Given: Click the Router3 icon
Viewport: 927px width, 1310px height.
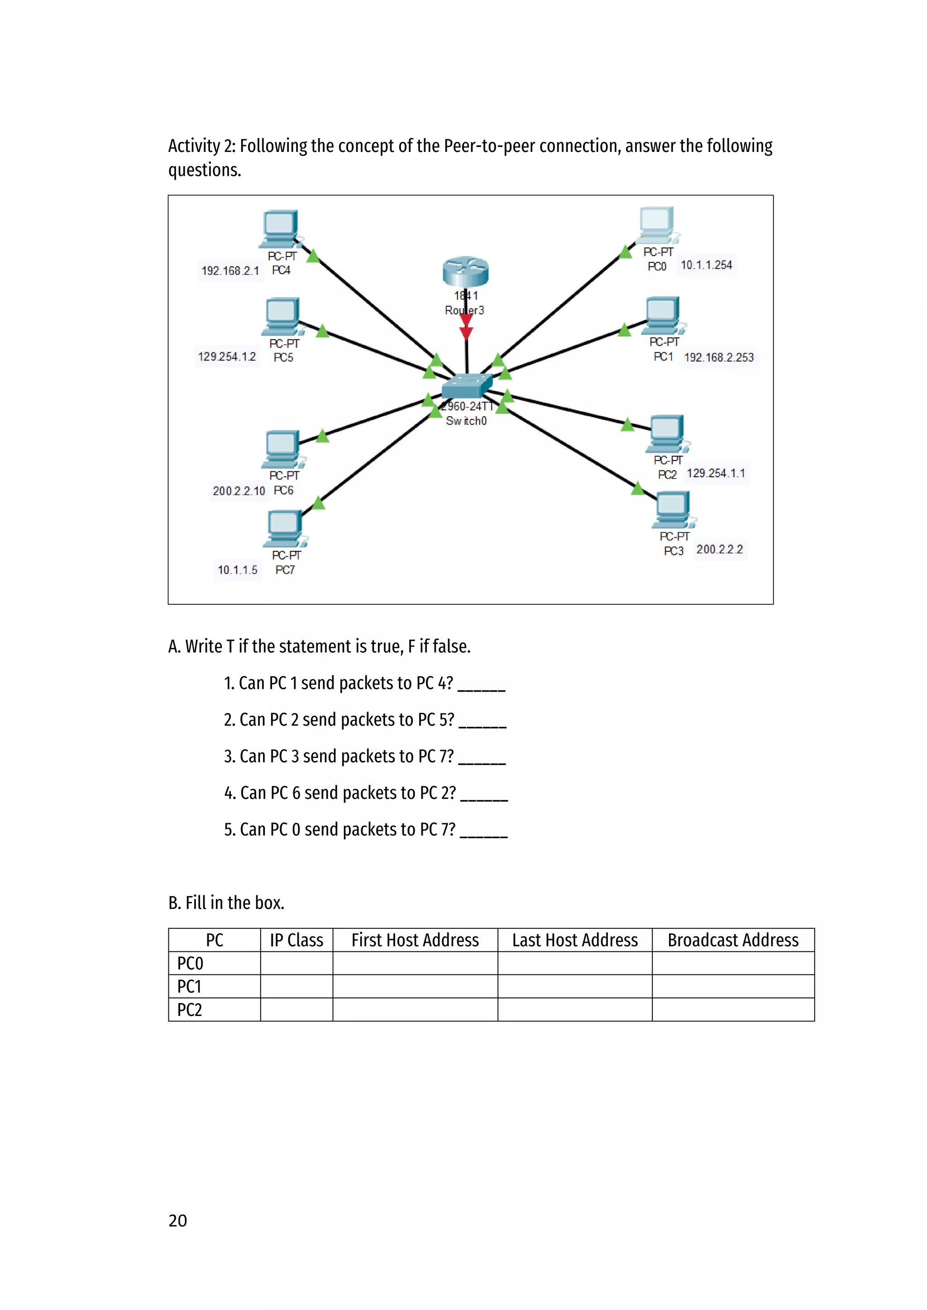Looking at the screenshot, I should coord(465,271).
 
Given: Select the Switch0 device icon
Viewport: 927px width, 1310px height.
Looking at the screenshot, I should coord(466,386).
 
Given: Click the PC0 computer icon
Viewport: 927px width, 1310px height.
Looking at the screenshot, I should coord(658,225).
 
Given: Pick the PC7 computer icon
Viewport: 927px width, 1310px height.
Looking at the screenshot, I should coord(284,528).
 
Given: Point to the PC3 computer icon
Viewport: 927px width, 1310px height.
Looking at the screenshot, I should coord(674,509).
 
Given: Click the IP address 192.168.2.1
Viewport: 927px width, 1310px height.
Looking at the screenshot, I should coord(230,271).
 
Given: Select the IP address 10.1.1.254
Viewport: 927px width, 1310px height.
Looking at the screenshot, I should coord(706,265).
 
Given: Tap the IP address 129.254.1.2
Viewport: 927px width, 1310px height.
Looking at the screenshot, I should coord(227,356).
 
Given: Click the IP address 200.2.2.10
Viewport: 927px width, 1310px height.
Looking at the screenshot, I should coord(239,491).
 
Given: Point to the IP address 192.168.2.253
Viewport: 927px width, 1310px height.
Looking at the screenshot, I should coord(719,357).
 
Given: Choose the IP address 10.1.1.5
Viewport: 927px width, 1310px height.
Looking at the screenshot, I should coord(238,570).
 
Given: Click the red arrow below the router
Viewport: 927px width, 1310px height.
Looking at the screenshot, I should coord(466,326).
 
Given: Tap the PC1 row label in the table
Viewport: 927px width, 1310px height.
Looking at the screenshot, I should coord(190,987).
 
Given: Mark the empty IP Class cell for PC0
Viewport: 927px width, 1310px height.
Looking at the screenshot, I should coord(296,964).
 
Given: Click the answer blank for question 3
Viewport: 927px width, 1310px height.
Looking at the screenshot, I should coord(483,758).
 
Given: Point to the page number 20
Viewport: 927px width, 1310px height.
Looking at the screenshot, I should coord(177,1220).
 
